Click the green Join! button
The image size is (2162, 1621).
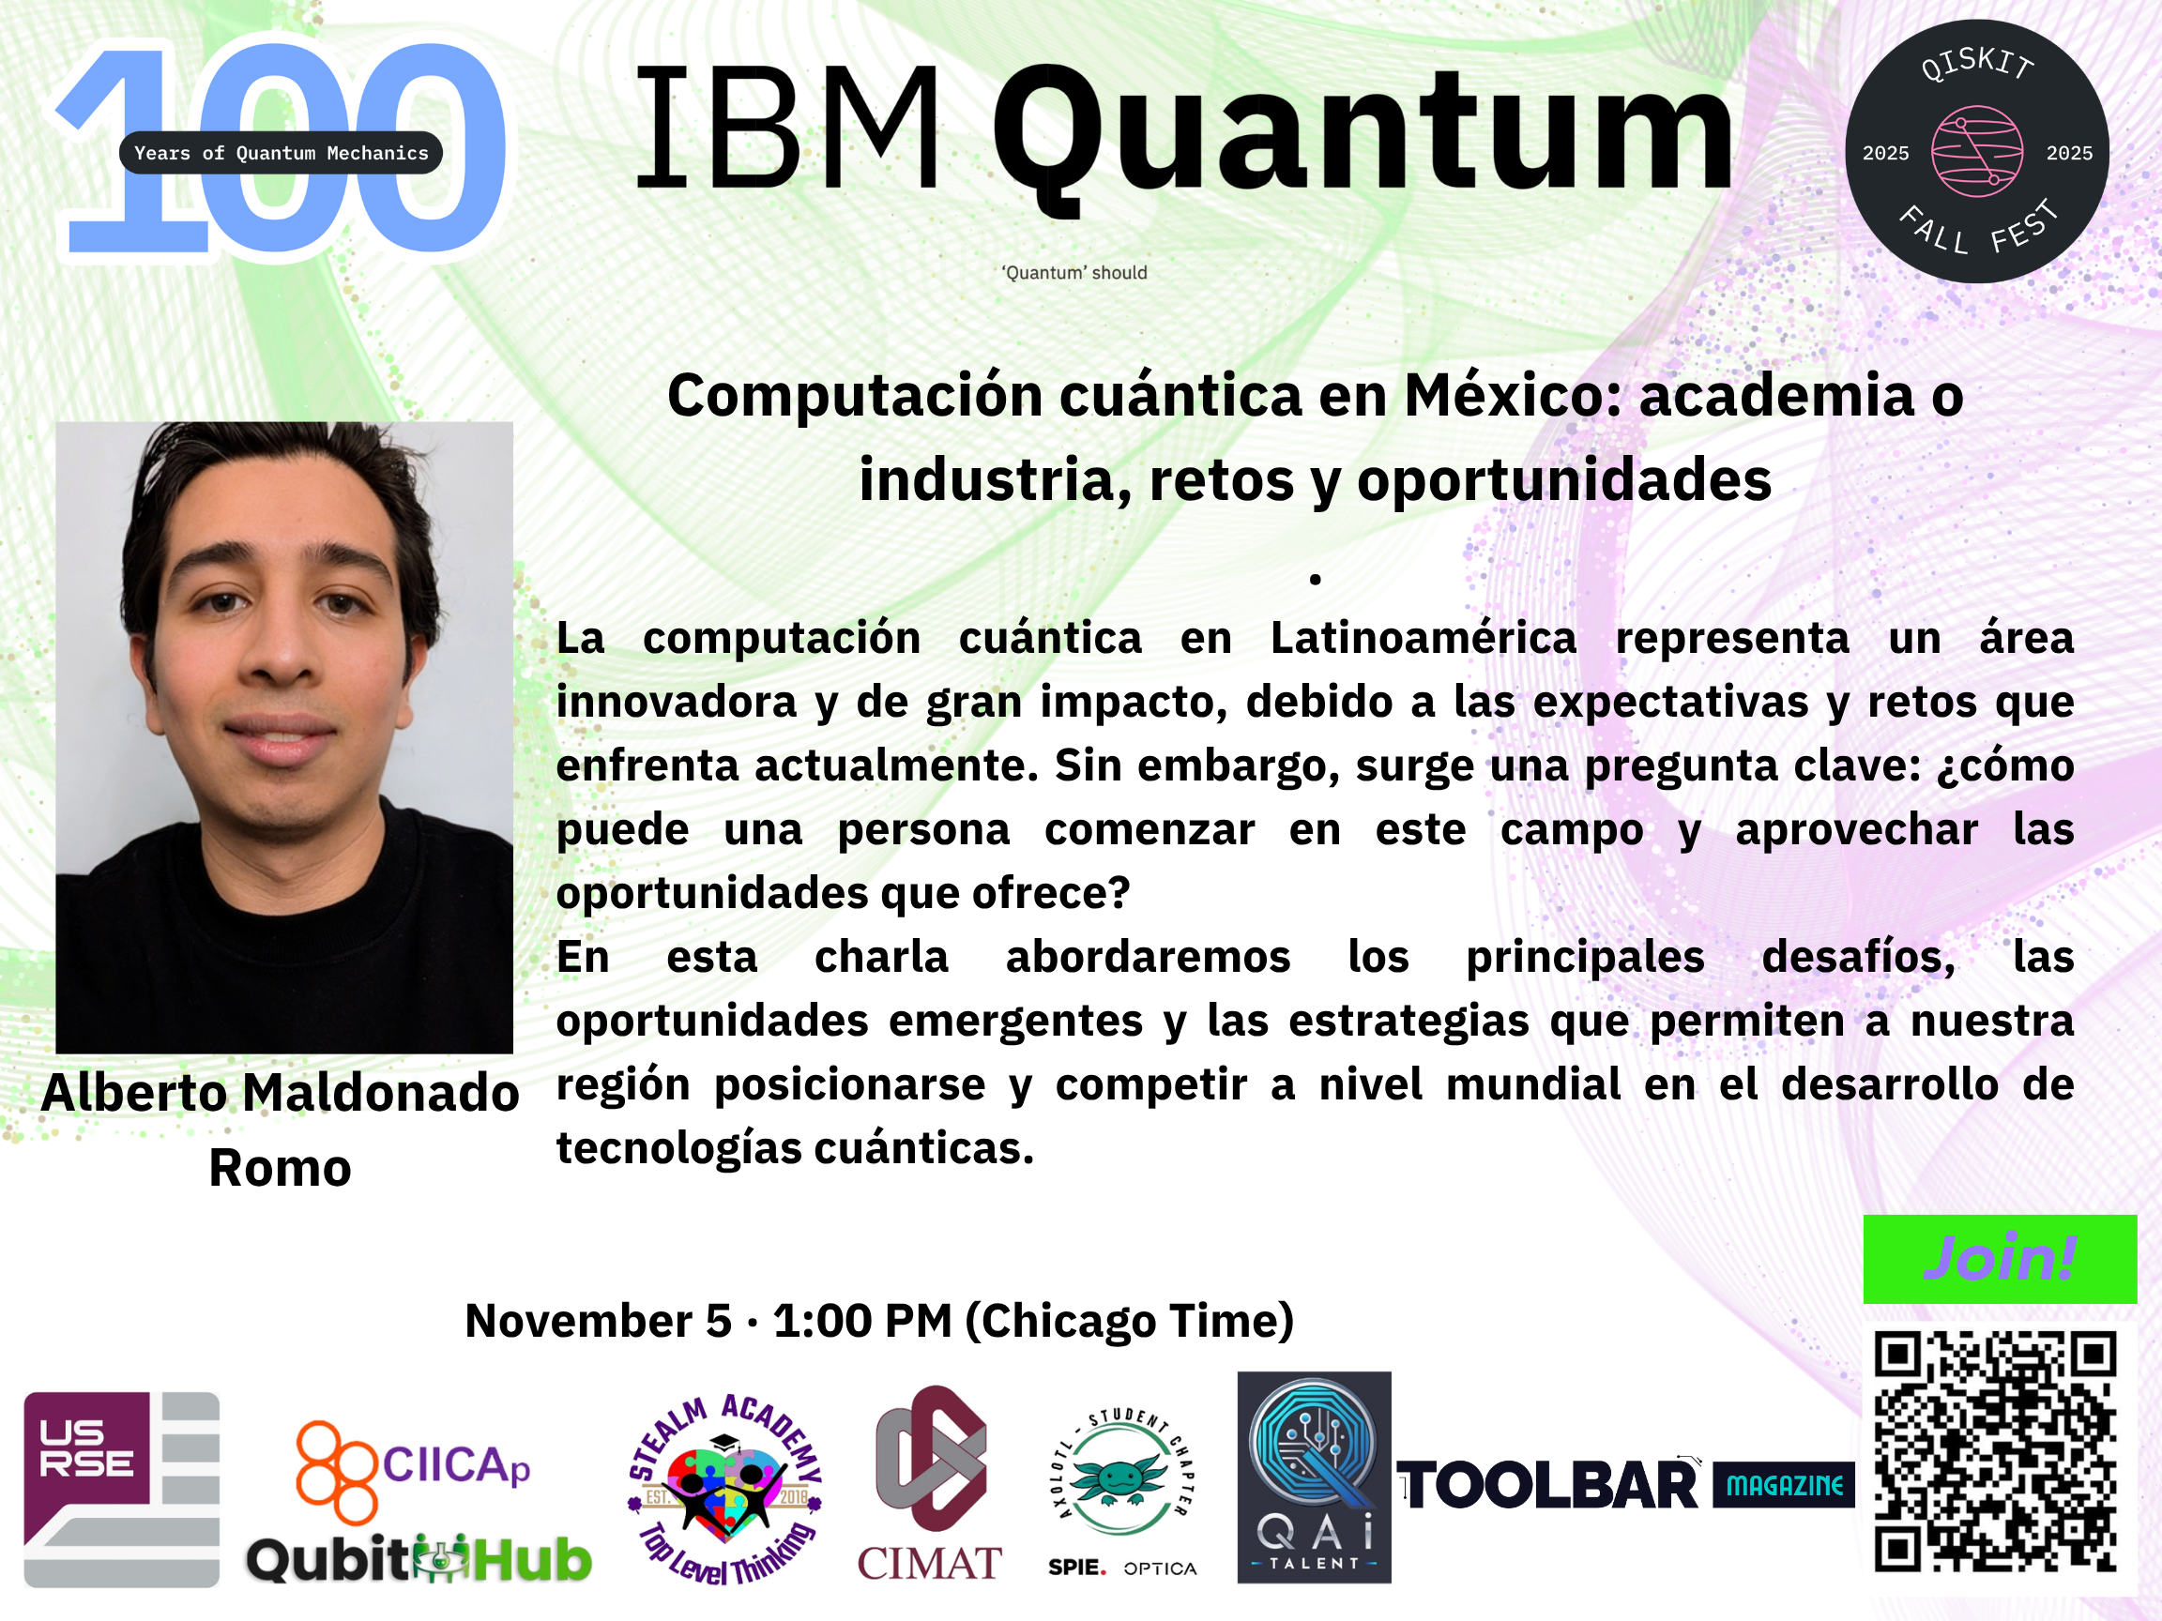2000,1259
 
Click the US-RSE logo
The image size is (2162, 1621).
121,1489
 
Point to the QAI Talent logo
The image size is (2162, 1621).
1314,1477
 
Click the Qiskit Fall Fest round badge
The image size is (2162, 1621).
1976,151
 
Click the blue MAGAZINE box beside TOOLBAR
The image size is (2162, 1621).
1784,1485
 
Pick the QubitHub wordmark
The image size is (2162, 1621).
419,1558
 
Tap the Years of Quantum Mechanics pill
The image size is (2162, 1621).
281,152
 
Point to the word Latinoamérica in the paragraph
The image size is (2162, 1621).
1424,638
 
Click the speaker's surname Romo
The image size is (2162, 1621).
281,1168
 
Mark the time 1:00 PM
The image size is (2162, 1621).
862,1321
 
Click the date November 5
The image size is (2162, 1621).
598,1321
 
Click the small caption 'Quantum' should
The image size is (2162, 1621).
1074,273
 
